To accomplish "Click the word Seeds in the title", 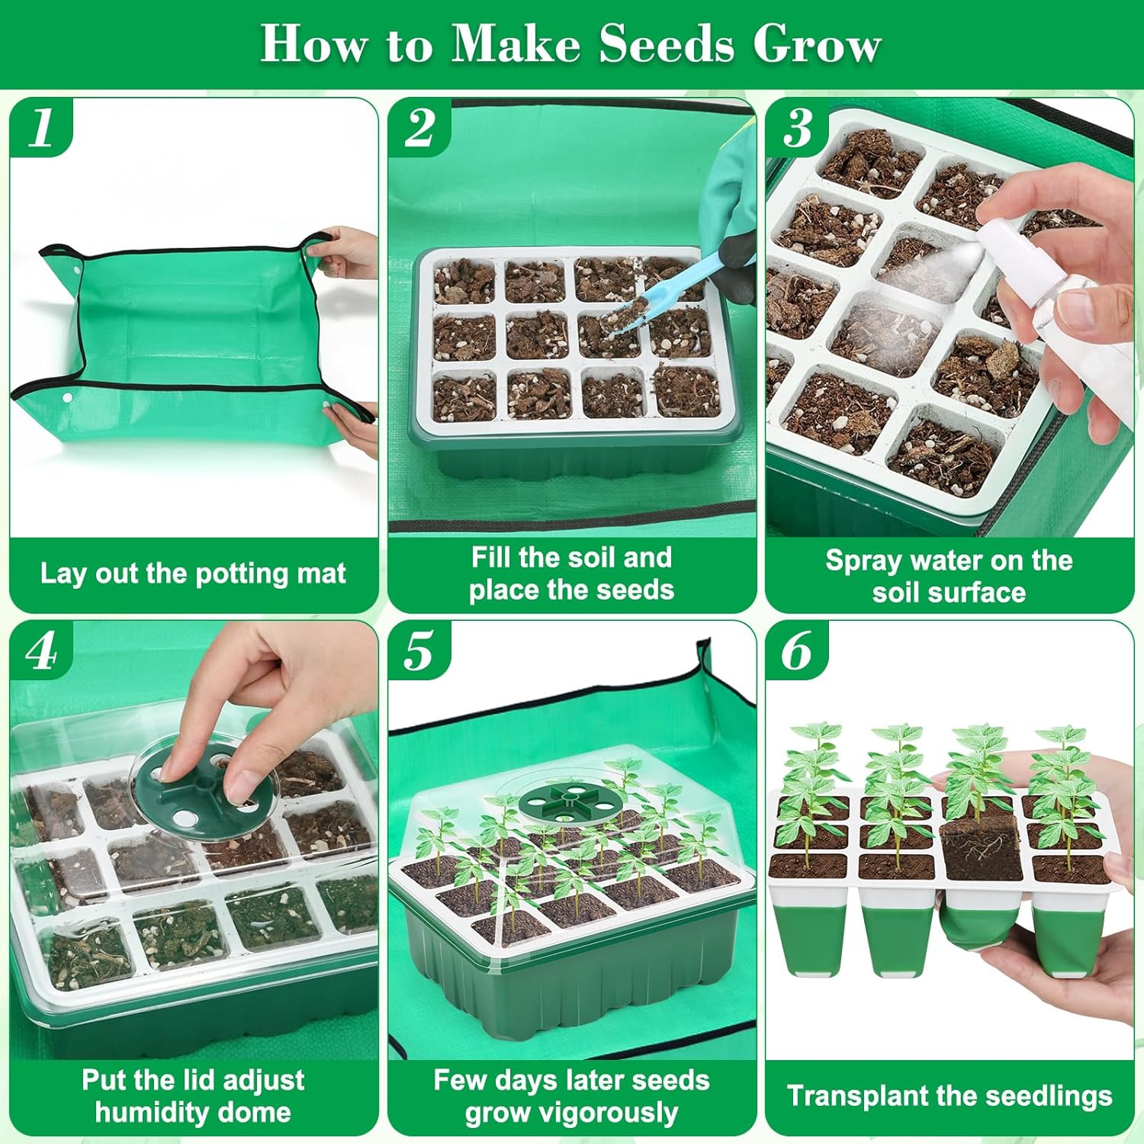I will click(x=667, y=43).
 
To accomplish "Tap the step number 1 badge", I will click(x=42, y=127).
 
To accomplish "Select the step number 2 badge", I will click(x=419, y=127).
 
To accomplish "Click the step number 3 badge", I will click(x=798, y=127).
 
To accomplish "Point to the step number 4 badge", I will click(x=42, y=651).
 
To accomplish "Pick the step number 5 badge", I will click(x=419, y=651).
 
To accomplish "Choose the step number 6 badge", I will click(x=797, y=651).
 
